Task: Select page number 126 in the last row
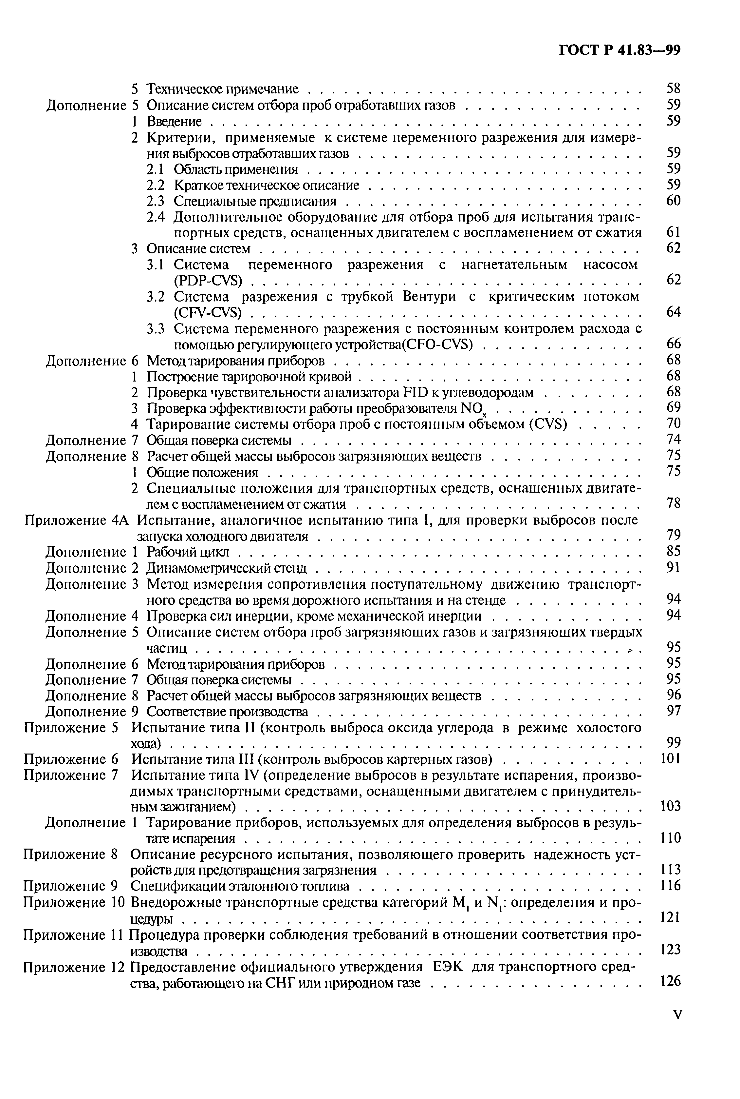coord(671,981)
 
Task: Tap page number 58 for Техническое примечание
coord(674,88)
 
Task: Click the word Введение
coord(175,122)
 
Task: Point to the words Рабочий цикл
coord(187,552)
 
